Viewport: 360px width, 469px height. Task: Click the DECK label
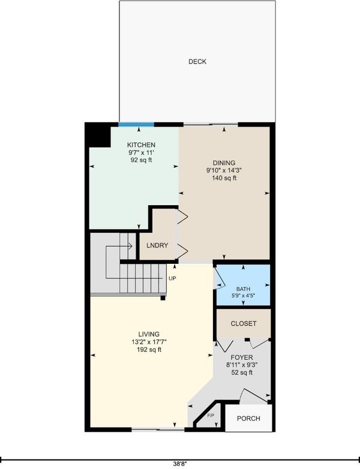[x=197, y=62]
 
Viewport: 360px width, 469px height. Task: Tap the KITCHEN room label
[x=141, y=145]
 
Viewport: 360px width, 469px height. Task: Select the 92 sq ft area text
[x=141, y=160]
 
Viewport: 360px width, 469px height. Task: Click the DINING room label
[x=224, y=163]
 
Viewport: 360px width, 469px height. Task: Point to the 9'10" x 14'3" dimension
[x=224, y=170]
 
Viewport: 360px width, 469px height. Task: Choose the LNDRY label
[x=157, y=245]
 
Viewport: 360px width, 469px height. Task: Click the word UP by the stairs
[x=172, y=278]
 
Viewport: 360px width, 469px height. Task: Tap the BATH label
[x=243, y=289]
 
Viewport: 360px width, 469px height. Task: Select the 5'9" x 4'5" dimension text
[x=243, y=296]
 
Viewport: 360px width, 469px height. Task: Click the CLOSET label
[x=244, y=324]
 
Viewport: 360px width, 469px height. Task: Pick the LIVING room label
[x=149, y=335]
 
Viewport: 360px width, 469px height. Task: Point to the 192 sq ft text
[x=149, y=350]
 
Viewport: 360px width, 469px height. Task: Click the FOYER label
[x=242, y=357]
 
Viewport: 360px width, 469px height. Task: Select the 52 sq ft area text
[x=242, y=372]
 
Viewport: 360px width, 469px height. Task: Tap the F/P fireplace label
[x=211, y=416]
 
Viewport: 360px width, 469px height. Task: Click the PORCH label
[x=248, y=419]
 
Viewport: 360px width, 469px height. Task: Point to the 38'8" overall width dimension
[x=180, y=464]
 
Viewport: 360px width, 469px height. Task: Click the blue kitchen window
[x=136, y=125]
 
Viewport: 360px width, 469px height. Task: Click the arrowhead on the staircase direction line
[x=130, y=246]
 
